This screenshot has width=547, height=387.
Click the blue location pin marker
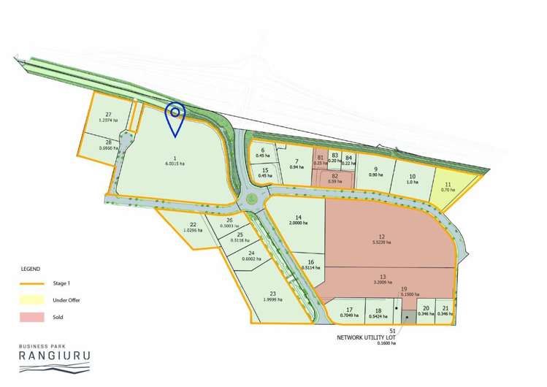175,115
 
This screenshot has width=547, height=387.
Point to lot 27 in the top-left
108,118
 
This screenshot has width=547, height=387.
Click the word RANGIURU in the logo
55,356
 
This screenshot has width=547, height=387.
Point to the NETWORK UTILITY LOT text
371,338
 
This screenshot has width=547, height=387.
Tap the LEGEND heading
31,269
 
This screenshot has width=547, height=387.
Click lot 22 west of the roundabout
193,228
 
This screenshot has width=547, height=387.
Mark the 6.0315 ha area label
175,164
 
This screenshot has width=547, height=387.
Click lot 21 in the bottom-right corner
445,311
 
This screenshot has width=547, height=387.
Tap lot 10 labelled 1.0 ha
412,179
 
